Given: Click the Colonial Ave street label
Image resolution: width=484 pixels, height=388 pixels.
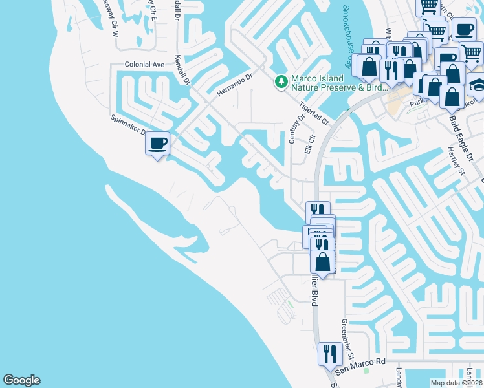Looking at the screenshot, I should pos(144,65).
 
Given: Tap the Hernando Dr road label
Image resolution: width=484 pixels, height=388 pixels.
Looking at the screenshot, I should pos(233,83).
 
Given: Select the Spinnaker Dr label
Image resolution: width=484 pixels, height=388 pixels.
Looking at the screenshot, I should pos(127,129).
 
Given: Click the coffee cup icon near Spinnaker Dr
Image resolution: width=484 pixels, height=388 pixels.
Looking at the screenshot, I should pos(157,142).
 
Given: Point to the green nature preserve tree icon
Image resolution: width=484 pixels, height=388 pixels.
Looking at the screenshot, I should pos(281,81).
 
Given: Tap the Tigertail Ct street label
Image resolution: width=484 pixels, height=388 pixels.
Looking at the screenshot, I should pos(314,113).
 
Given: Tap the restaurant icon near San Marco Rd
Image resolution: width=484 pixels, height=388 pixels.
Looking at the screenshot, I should pos(330,354).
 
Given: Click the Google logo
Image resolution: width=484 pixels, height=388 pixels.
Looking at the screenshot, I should pos(21,380).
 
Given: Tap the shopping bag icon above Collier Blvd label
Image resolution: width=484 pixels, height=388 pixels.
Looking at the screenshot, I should pos(323,263).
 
